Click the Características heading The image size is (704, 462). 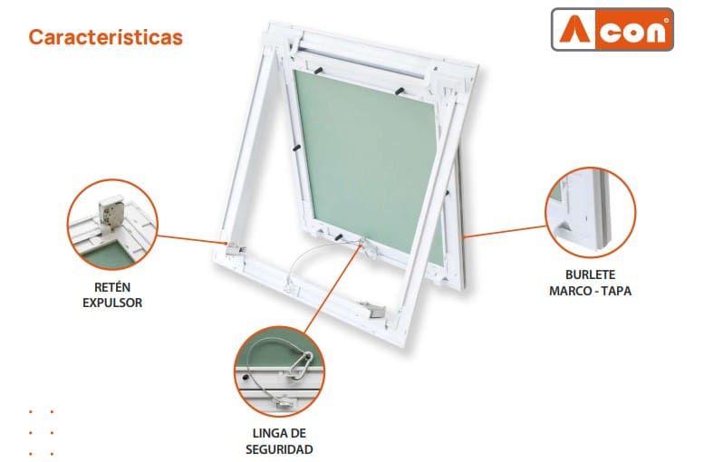coord(105,37)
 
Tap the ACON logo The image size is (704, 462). coord(612,29)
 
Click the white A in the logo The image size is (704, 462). coord(574,30)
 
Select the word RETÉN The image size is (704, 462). coord(112,286)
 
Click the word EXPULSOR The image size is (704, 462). coord(112,303)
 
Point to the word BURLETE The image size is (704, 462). coord(590,274)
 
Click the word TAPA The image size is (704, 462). coord(616,291)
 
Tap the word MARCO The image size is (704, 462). coord(567,291)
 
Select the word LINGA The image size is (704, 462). coord(266,433)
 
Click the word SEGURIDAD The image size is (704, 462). coord(279,449)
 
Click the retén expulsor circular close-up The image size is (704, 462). coord(112,225)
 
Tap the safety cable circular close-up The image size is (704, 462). coord(279,371)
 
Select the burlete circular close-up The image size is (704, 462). coord(591,212)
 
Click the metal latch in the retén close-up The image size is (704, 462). coord(111,212)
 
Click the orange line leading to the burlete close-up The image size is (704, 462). coord(504,231)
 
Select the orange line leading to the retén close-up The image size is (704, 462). coord(193,239)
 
